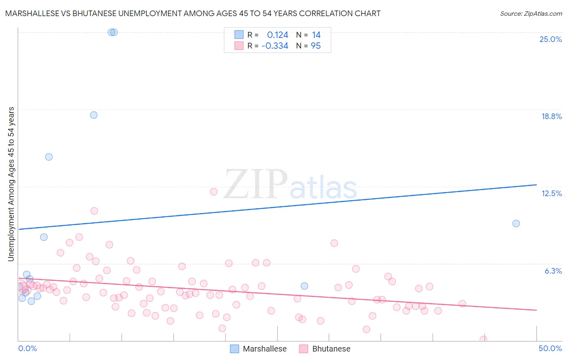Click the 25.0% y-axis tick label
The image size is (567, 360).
(x=550, y=39)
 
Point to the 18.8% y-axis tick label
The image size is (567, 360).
(x=551, y=116)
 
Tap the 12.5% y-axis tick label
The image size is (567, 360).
(x=551, y=193)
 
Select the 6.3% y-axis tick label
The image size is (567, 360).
(x=553, y=271)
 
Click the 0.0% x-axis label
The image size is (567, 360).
(x=27, y=348)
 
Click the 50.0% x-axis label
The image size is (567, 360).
(x=550, y=348)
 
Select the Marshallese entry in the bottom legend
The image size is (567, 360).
(x=265, y=349)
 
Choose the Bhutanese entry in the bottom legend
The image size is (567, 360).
(x=331, y=349)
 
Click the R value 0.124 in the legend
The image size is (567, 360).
(x=277, y=35)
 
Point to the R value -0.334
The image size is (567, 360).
(x=275, y=46)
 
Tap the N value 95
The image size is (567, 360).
(x=316, y=46)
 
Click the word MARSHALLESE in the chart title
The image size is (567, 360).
(x=37, y=14)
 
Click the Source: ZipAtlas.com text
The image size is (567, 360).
(x=531, y=14)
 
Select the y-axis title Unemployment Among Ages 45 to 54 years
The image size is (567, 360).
(x=11, y=184)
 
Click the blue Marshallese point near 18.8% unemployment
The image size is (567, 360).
(x=94, y=115)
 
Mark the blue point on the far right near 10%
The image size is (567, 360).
(x=516, y=224)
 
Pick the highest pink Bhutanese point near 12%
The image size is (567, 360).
(x=214, y=192)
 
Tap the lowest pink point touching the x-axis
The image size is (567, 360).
(x=483, y=339)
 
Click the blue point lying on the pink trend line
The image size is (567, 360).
(x=304, y=286)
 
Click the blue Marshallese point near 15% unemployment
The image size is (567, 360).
(x=49, y=157)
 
